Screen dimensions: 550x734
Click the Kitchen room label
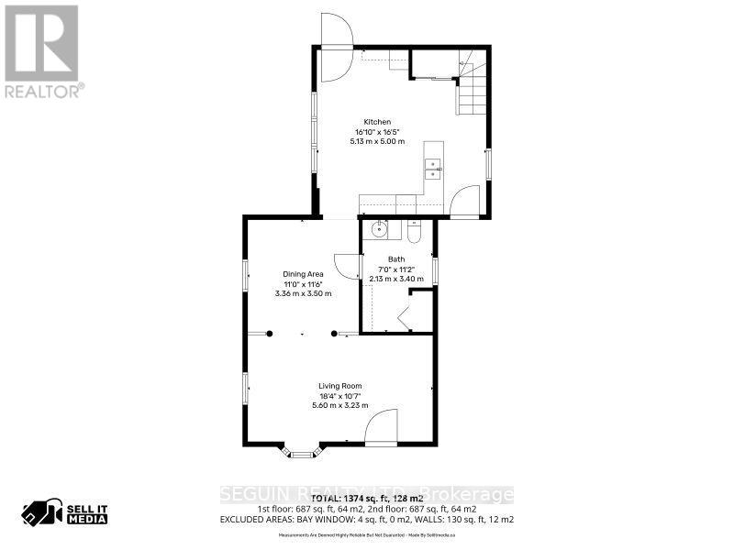[x=377, y=122]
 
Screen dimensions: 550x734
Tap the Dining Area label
[x=303, y=274]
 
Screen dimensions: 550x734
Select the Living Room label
[x=340, y=385]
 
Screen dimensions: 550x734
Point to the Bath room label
[x=396, y=259]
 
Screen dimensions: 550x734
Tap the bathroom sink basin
[x=380, y=230]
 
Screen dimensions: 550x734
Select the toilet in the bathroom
[x=413, y=233]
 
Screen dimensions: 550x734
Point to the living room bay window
[x=302, y=451]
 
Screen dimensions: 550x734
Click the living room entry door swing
[x=383, y=429]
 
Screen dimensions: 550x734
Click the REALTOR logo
[x=42, y=51]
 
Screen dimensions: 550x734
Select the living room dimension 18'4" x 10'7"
[x=340, y=395]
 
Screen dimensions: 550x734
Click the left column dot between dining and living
[x=270, y=334]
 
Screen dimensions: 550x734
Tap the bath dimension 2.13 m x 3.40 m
[x=396, y=279]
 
